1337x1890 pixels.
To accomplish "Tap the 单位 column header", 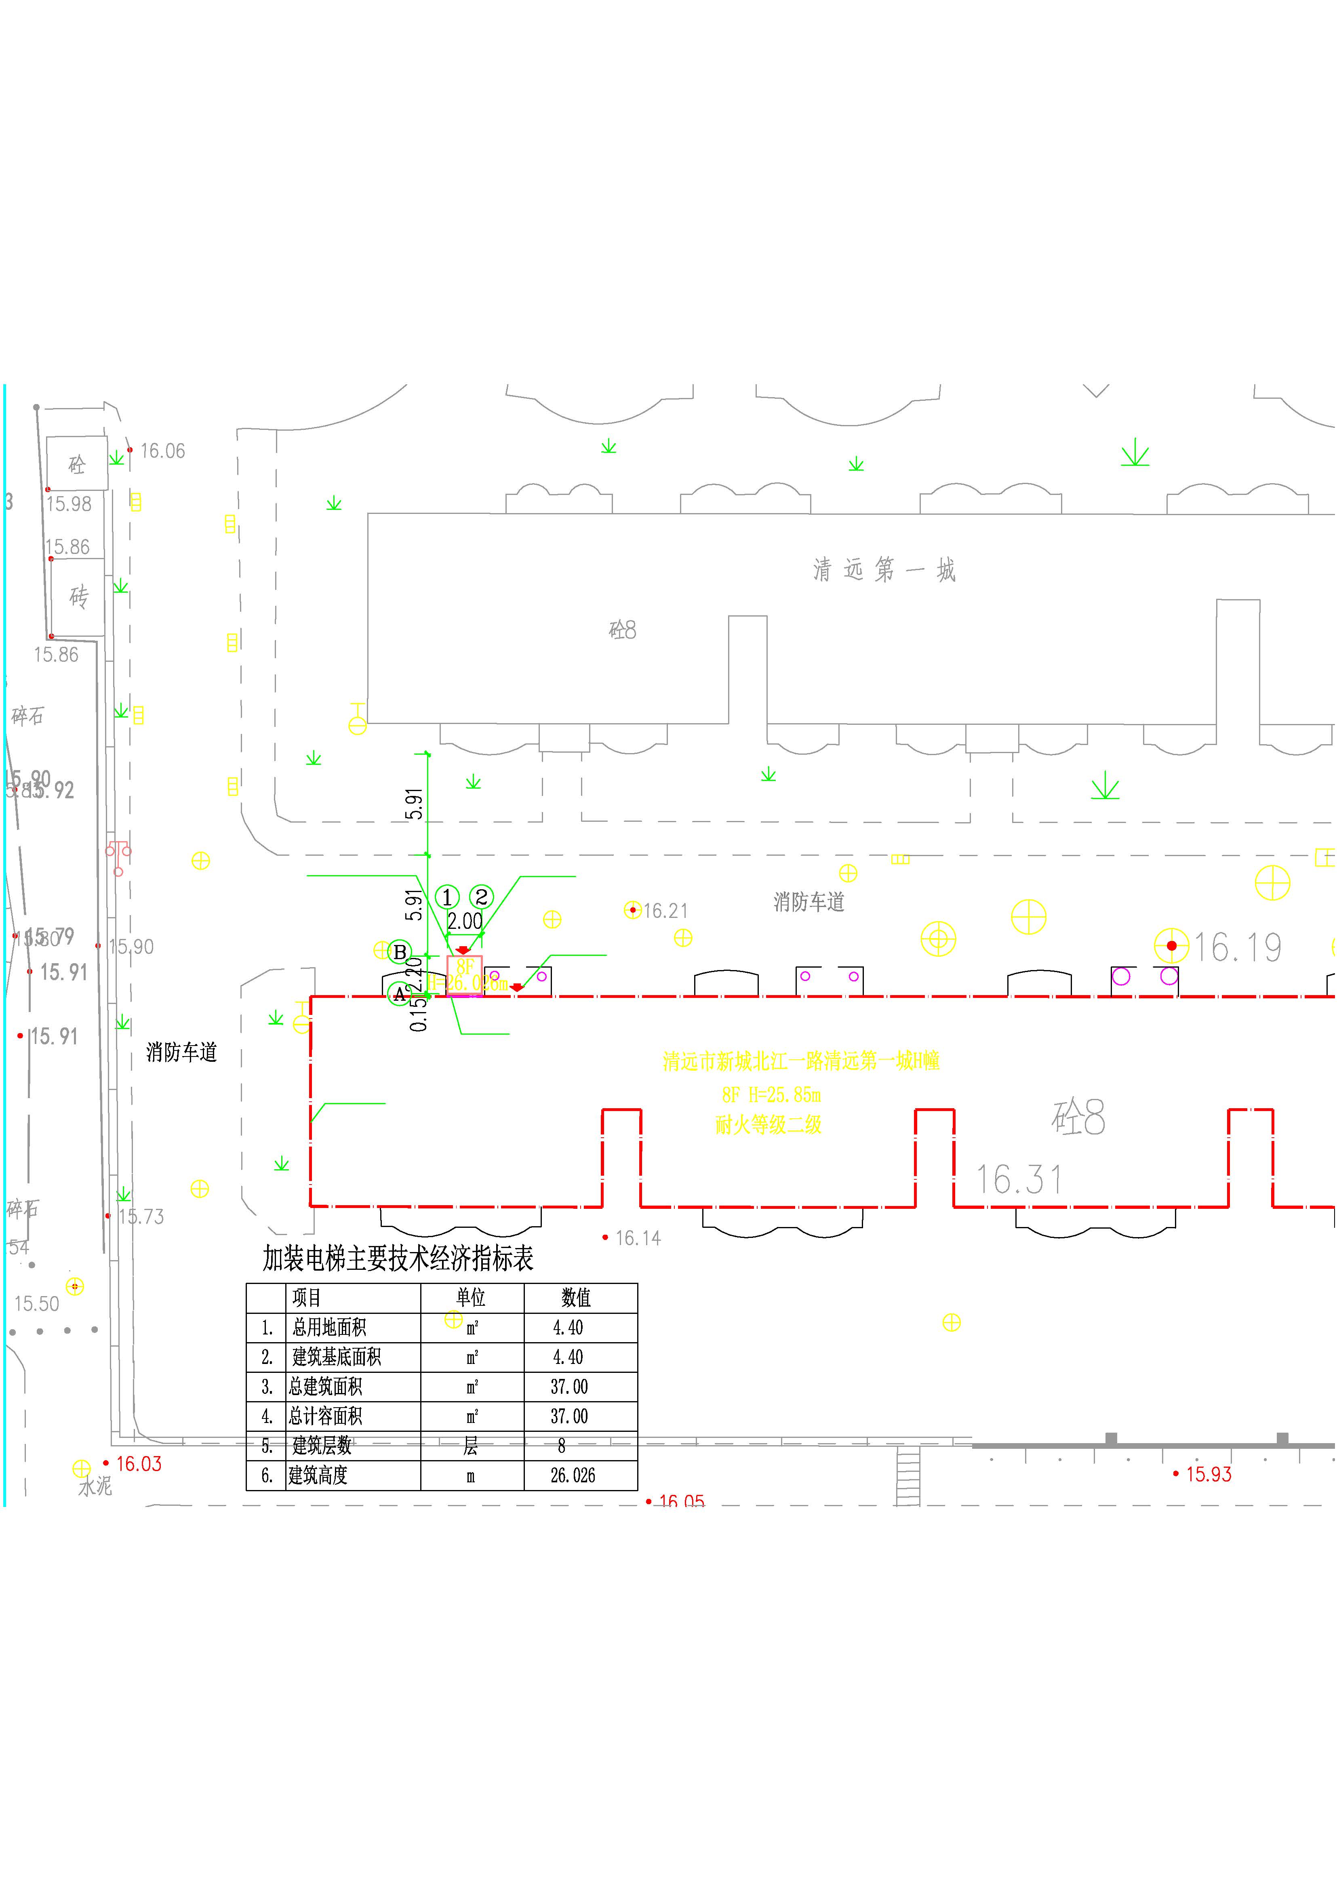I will tap(471, 1298).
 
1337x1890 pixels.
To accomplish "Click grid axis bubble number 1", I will tap(447, 897).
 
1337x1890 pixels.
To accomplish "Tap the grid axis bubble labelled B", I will tap(400, 952).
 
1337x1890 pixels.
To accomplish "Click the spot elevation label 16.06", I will tap(162, 451).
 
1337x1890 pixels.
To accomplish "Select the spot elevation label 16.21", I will tap(665, 911).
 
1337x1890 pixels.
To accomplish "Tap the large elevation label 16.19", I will tap(1237, 947).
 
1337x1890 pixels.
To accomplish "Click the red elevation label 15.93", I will tap(1208, 1474).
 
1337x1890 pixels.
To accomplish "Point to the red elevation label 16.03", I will tap(138, 1464).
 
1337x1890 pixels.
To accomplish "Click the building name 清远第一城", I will tap(884, 570).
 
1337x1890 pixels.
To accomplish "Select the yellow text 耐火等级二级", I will tap(768, 1124).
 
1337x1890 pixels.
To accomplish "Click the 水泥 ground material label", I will tap(95, 1486).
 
